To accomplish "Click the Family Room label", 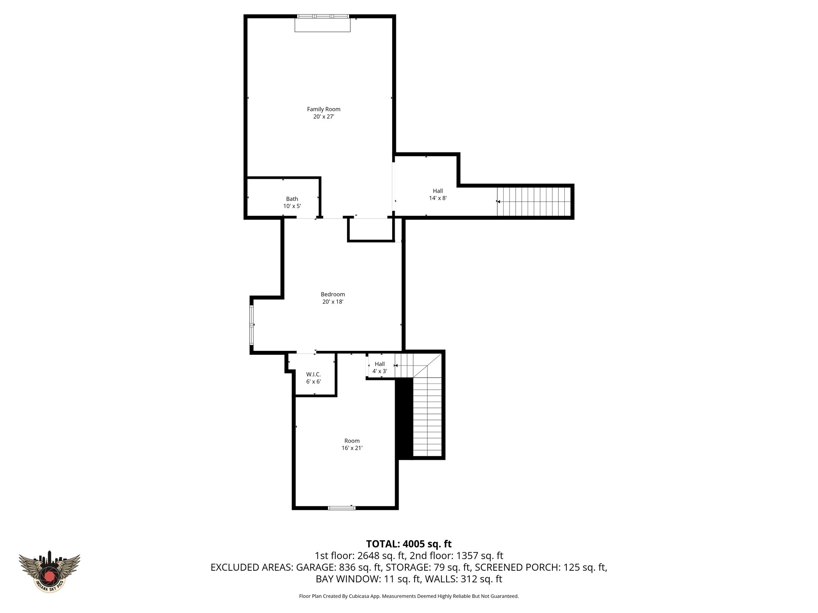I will tap(324, 109).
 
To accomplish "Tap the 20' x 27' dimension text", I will tap(324, 117).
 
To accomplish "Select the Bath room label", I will tap(292, 199).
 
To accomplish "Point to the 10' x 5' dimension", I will tap(292, 206).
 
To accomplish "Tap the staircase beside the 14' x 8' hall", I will tap(533, 202).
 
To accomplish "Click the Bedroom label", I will tap(333, 295).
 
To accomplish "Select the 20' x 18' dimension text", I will tap(333, 302).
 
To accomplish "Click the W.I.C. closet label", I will tap(314, 374).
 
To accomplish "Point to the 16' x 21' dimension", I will tap(352, 448).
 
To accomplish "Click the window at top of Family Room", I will tap(323, 17).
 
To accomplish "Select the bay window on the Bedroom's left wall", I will tap(252, 325).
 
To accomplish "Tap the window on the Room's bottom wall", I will tap(341, 508).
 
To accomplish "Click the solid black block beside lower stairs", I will tap(404, 418).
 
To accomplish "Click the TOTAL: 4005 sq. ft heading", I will tap(409, 544).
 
